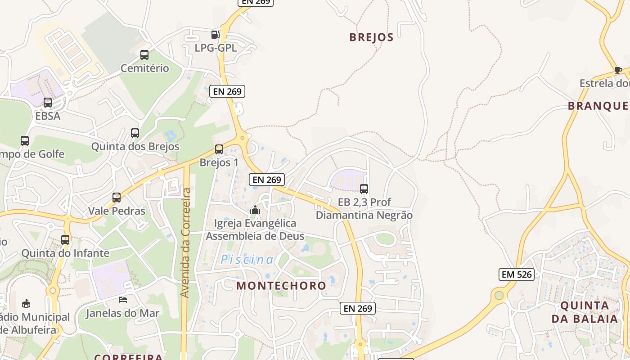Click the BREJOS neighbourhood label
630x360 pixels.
coord(371,37)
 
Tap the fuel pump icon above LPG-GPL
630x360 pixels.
coord(216,34)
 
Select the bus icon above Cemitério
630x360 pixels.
coord(144,55)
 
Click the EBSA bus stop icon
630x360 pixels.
coord(48,103)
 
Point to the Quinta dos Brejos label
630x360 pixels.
coord(135,147)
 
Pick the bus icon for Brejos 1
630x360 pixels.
coord(219,149)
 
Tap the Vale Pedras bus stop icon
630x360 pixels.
coord(117,198)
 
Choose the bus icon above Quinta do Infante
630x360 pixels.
coord(65,239)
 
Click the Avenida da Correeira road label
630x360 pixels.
coord(185,243)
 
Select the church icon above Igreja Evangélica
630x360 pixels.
coord(255,210)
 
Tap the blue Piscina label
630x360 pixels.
coord(247,260)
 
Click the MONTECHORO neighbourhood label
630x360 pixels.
coord(281,286)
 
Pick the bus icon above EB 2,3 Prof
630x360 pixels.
coord(364,189)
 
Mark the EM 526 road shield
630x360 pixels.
coord(516,274)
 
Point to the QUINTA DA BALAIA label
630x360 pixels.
coord(585,312)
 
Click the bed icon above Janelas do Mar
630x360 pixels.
coord(123,300)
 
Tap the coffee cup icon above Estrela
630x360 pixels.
coord(618,70)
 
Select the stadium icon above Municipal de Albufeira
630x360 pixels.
coord(27,303)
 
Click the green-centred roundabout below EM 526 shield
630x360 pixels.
coord(499,296)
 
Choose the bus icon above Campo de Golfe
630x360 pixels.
coord(25,141)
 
